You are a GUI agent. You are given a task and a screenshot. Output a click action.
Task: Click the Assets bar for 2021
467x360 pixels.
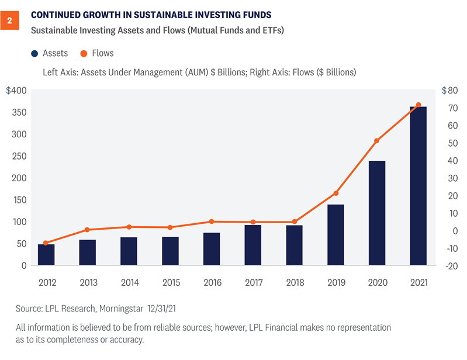pyautogui.click(x=418, y=186)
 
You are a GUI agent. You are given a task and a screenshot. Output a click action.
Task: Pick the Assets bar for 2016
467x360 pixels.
pyautogui.click(x=212, y=249)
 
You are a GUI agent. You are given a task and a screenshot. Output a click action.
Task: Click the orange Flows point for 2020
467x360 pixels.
pyautogui.click(x=377, y=141)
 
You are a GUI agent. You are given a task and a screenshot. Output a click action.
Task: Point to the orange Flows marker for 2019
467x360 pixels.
pyautogui.click(x=335, y=193)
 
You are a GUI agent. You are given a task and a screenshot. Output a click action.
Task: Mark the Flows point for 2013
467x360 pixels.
pyautogui.click(x=87, y=230)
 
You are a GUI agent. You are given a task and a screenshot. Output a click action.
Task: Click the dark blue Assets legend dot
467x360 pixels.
pyautogui.click(x=34, y=53)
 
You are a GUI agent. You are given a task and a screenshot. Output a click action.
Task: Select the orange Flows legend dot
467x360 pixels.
pyautogui.click(x=84, y=53)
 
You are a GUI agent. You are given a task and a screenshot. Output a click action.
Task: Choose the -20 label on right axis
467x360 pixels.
pyautogui.click(x=450, y=266)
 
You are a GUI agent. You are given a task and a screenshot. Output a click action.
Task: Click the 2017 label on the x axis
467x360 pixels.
pyautogui.click(x=253, y=282)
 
